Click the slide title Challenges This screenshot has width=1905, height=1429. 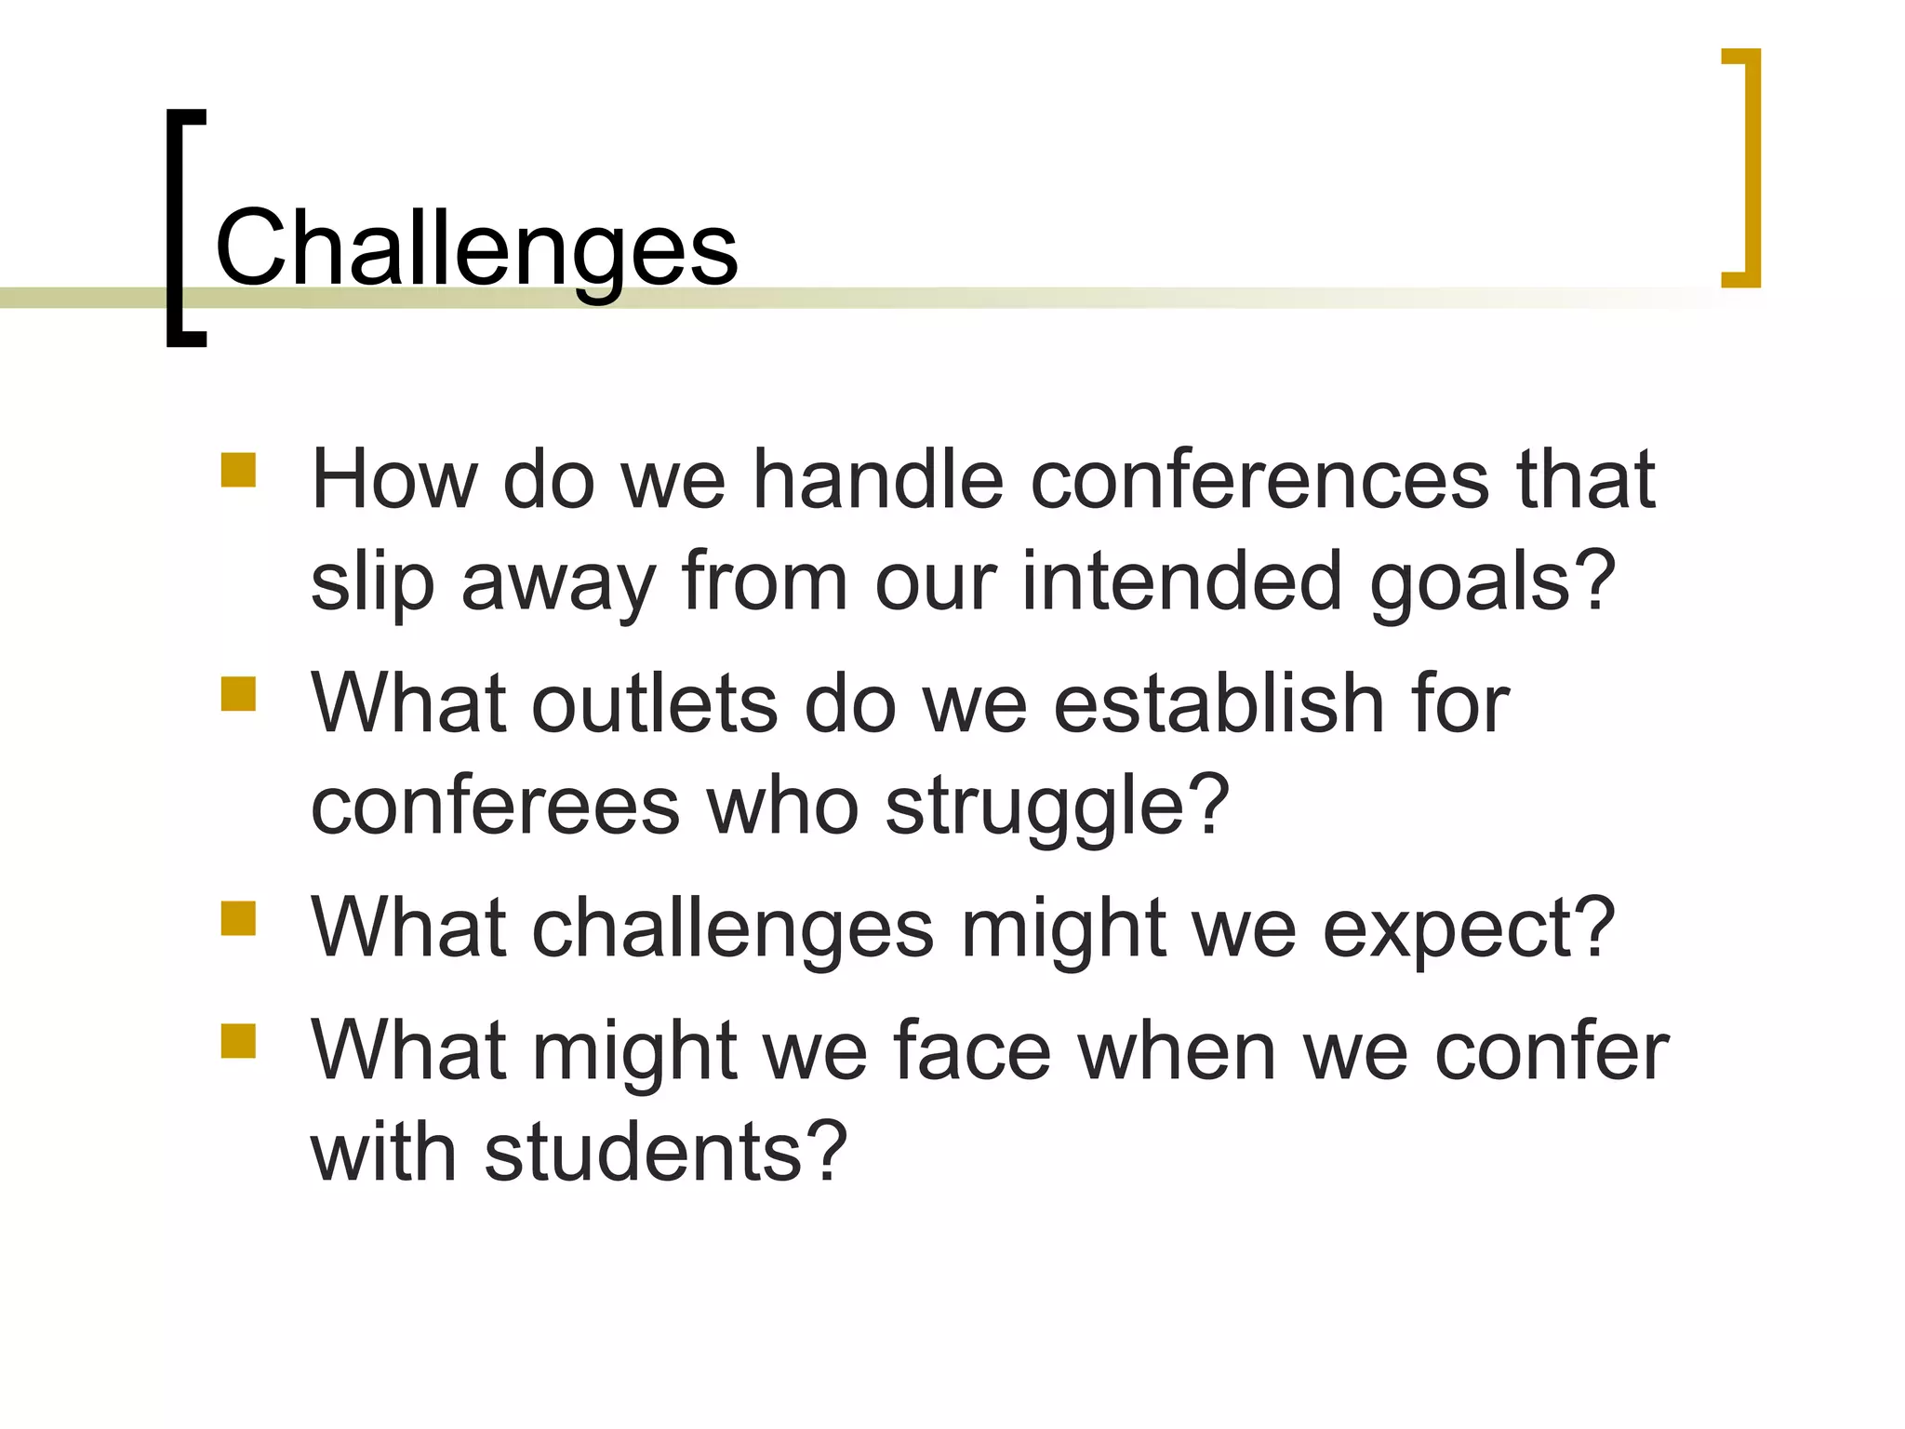tap(476, 249)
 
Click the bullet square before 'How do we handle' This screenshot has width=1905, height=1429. tap(238, 470)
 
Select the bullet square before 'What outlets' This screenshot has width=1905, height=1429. tap(238, 693)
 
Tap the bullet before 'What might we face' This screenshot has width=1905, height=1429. tap(238, 1041)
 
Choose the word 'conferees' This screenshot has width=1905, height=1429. tap(495, 806)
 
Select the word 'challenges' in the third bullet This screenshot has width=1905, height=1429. tap(732, 928)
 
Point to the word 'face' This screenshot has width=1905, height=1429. tap(972, 1051)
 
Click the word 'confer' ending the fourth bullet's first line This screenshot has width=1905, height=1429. tap(1552, 1051)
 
